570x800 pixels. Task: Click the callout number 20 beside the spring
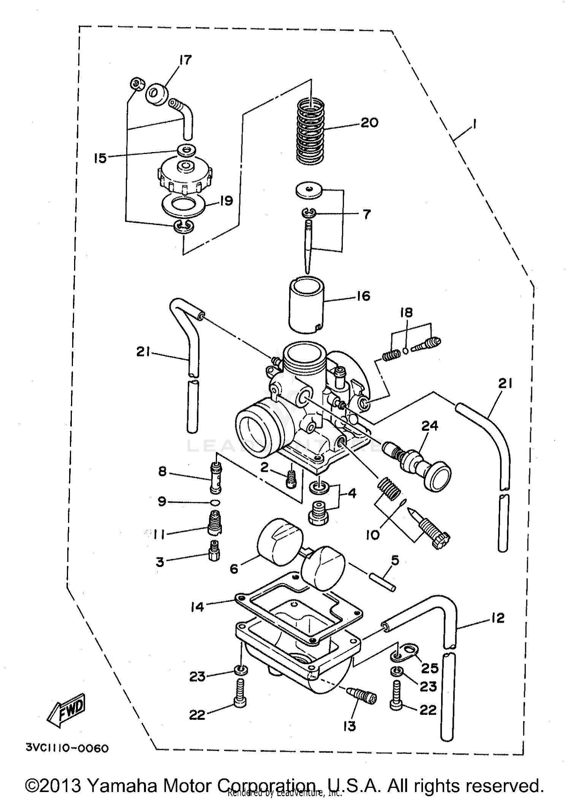tap(369, 123)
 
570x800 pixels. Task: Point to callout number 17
tap(185, 60)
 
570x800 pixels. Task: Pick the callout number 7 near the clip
tap(366, 214)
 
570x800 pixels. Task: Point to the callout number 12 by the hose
tap(498, 618)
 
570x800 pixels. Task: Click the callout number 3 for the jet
tap(160, 562)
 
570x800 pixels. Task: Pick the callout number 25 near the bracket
tap(429, 668)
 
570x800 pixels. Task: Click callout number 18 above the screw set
tap(406, 313)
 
